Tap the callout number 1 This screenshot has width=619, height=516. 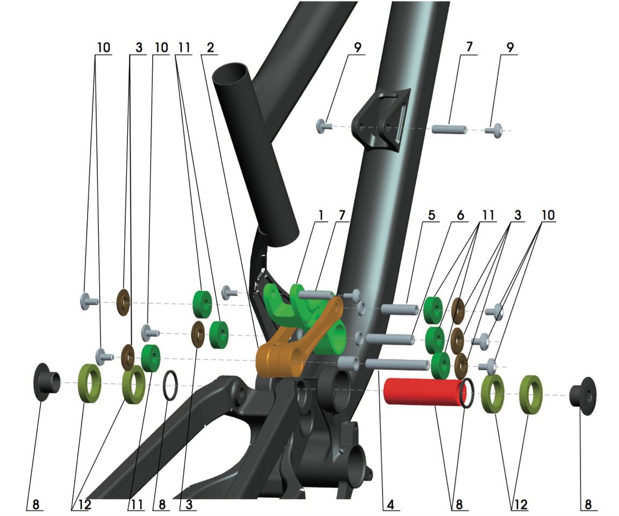point(321,215)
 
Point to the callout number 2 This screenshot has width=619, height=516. point(210,48)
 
